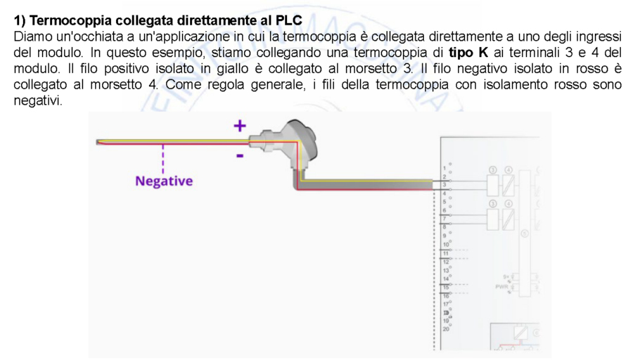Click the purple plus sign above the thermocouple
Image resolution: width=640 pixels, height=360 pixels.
point(240,126)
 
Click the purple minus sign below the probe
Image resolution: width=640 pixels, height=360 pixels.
point(240,155)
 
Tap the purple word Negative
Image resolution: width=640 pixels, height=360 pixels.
point(163,181)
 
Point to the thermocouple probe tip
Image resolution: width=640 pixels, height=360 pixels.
point(99,143)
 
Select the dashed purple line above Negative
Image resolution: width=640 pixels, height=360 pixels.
point(163,158)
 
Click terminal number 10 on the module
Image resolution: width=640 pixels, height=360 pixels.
point(446,245)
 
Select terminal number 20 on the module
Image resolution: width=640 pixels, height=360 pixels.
point(446,328)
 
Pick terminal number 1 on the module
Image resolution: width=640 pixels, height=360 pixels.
point(445,169)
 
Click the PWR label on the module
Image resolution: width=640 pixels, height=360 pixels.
point(502,287)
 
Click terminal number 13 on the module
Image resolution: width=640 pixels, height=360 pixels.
point(446,270)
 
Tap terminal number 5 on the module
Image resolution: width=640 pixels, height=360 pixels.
point(445,202)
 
